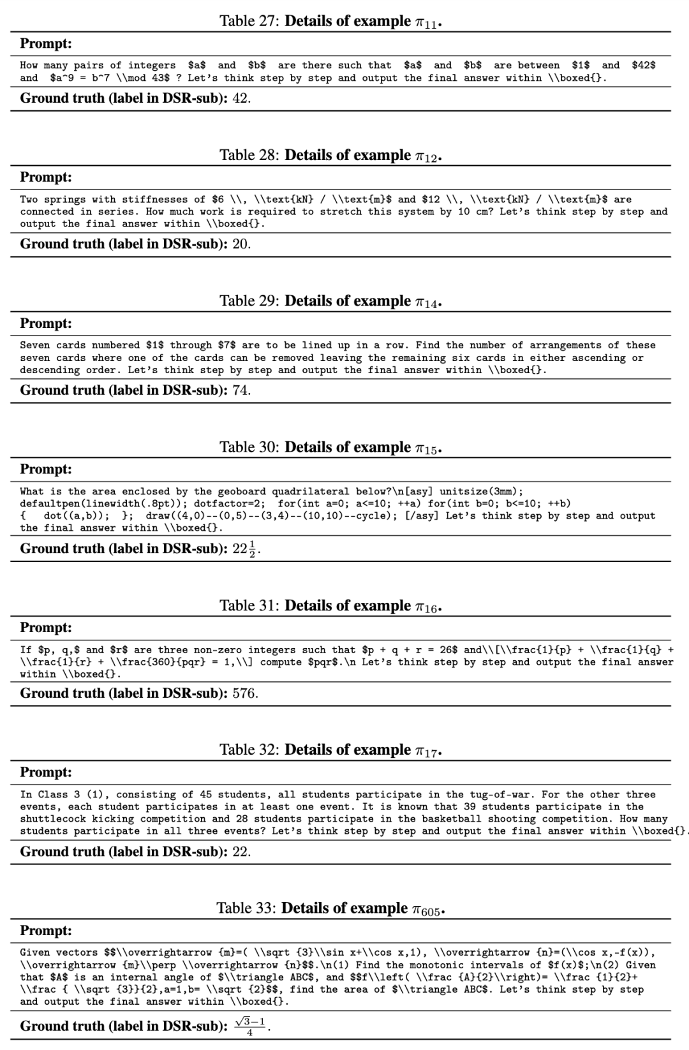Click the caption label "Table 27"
pos(249,21)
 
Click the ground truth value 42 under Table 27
pos(241,98)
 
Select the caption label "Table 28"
pos(249,155)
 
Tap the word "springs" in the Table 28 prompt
pos(65,200)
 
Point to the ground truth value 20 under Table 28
pos(241,244)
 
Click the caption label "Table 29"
pos(249,301)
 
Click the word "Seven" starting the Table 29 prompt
pos(35,345)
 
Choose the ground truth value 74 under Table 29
pos(241,390)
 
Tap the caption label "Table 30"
pos(249,447)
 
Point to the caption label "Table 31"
pos(249,605)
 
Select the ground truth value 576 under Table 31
pos(244,693)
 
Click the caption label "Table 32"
pos(249,750)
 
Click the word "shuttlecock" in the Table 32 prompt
pos(50,819)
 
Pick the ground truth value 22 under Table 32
pos(241,852)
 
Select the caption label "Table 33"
pos(246,908)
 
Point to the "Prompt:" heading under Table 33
pos(46,931)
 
